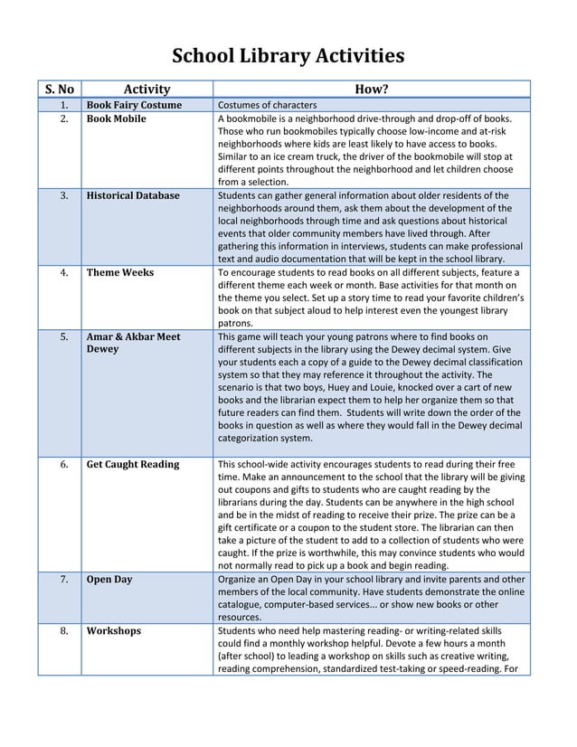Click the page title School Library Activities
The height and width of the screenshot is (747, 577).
click(x=288, y=57)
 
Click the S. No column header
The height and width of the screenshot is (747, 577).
click(x=60, y=89)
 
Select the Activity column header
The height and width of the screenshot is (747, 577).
click(x=147, y=89)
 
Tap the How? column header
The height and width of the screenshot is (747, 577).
click(x=372, y=89)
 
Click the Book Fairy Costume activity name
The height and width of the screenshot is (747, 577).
click(x=134, y=106)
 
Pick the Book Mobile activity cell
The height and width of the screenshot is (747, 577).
click(x=116, y=119)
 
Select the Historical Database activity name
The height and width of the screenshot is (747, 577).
click(x=132, y=195)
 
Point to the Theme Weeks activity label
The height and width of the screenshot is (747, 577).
click(x=119, y=272)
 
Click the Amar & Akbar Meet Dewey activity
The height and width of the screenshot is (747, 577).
click(x=132, y=343)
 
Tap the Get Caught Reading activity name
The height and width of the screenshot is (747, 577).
click(x=132, y=465)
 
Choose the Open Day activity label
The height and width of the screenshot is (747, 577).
click(x=109, y=580)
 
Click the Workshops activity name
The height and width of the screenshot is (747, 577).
click(x=113, y=631)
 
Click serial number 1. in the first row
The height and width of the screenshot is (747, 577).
click(x=64, y=106)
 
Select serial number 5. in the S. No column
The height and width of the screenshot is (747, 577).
click(x=64, y=336)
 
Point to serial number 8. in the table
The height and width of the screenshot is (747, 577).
click(x=64, y=631)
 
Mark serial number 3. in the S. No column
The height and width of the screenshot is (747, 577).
click(x=64, y=195)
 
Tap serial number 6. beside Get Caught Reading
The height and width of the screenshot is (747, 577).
click(x=64, y=465)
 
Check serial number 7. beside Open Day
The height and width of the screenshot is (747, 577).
click(x=64, y=580)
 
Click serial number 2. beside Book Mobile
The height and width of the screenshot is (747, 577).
click(x=64, y=119)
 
